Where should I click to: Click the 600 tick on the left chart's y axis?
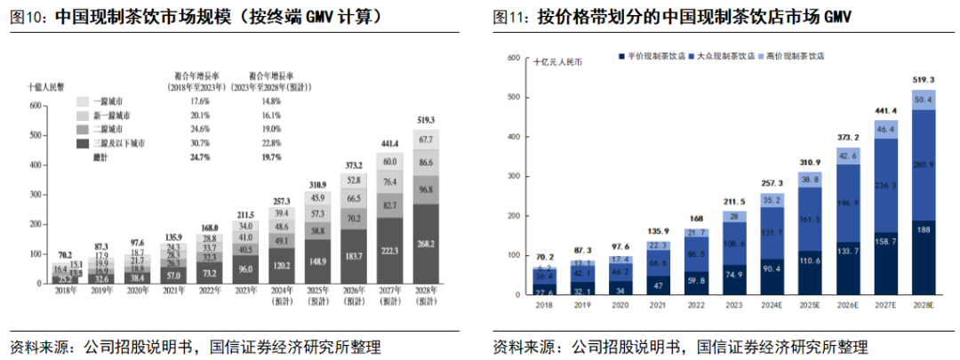tap(36, 106)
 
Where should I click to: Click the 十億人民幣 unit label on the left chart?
tap(44, 87)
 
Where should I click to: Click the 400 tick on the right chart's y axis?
tap(514, 137)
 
